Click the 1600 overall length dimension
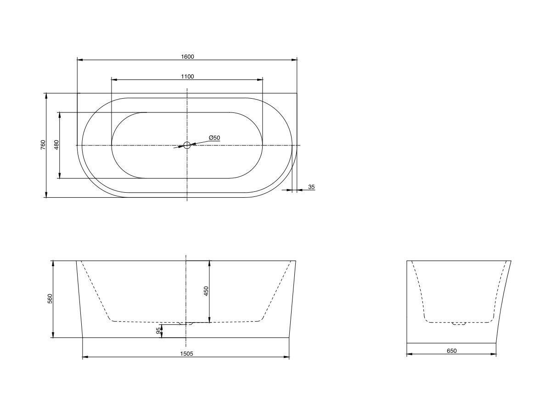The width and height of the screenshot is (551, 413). (x=187, y=56)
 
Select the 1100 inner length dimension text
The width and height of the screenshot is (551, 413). (x=187, y=76)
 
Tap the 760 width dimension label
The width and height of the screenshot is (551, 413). (x=43, y=145)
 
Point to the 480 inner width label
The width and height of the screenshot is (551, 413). (x=56, y=145)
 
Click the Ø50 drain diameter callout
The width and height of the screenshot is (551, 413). (x=214, y=138)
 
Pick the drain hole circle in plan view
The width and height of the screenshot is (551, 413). (x=187, y=145)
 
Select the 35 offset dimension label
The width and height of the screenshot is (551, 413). (x=311, y=187)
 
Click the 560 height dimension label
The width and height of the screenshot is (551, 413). (x=50, y=299)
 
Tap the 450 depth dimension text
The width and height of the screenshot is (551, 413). (x=206, y=291)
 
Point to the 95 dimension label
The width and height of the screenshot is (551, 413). (x=159, y=330)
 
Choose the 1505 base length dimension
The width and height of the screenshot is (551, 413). (x=186, y=354)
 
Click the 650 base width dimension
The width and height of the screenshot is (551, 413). (x=451, y=351)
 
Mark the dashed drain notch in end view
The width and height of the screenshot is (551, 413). (x=459, y=324)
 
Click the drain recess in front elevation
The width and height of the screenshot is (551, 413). (x=186, y=323)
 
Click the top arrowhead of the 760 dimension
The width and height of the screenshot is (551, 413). (x=46, y=95)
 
